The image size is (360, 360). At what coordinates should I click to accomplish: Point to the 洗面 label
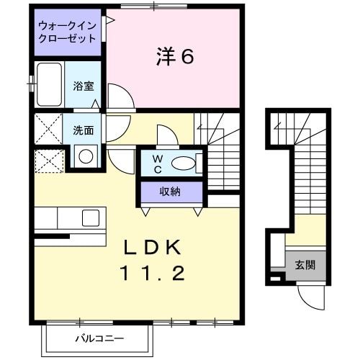(84, 130)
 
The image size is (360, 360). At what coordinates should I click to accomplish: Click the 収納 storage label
(171, 191)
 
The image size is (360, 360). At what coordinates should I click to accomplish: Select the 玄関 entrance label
(305, 265)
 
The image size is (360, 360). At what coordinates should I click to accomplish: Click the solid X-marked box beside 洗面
(46, 130)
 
